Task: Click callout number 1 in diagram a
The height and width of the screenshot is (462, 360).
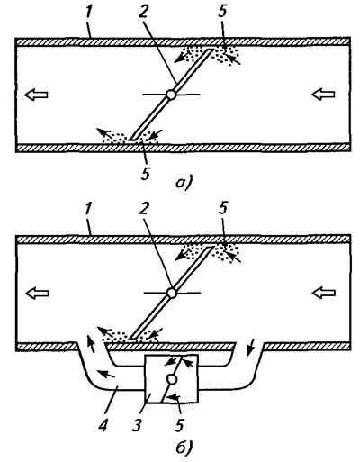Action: (88, 14)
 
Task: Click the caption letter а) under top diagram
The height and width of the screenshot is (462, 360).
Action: (184, 183)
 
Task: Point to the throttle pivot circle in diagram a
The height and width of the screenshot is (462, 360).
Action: (171, 95)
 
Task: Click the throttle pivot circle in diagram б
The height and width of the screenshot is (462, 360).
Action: (172, 293)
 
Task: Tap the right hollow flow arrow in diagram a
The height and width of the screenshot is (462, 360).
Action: (323, 95)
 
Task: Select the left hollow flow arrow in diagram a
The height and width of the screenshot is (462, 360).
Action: (36, 95)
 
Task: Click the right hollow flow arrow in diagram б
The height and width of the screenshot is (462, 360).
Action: (324, 293)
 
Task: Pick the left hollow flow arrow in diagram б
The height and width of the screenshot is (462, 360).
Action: (37, 293)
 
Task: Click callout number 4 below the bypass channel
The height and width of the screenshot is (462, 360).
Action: (103, 424)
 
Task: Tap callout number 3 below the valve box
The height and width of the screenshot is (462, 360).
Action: (137, 424)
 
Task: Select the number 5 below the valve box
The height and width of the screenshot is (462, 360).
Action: (179, 424)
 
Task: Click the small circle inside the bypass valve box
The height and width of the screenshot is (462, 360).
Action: (172, 379)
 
